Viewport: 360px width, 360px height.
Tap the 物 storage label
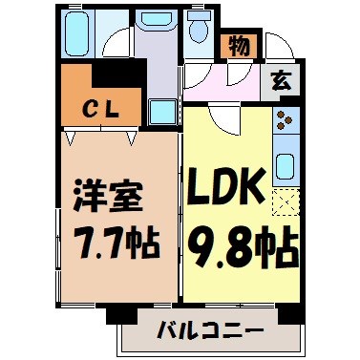click(238, 44)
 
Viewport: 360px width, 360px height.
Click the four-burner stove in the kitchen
click(285, 121)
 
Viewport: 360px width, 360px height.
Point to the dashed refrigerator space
click(285, 201)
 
